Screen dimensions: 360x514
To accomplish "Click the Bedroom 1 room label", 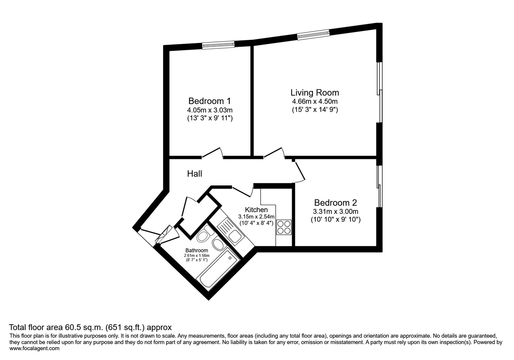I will click(209, 101).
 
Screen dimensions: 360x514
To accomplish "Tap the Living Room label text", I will click(315, 93).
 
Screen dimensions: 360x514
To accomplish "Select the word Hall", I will click(194, 174).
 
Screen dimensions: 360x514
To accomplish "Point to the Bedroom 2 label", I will click(335, 202).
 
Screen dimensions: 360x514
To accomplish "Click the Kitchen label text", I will click(256, 210).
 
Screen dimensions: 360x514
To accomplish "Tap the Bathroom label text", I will click(196, 250).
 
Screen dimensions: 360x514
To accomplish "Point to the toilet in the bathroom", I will click(203, 235).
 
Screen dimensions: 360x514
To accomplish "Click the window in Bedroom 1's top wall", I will click(218, 45).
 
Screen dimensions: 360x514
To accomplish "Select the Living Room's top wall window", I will click(314, 34).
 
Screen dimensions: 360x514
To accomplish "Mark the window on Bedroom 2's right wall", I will click(380, 186).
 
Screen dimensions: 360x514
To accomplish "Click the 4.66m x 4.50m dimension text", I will click(315, 102).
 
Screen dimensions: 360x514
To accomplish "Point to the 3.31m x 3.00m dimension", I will click(335, 211).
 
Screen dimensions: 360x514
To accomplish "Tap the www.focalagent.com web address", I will click(34, 348).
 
